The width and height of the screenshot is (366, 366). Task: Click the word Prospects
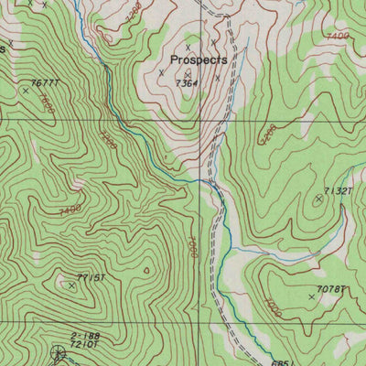click(198, 59)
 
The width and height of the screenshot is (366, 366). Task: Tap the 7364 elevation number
click(187, 83)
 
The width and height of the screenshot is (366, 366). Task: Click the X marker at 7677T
click(25, 90)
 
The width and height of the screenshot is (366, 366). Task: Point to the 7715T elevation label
click(92, 277)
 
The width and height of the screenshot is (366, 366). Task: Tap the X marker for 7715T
click(71, 285)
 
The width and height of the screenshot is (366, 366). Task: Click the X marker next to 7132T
click(318, 198)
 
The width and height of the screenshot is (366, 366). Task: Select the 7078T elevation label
click(330, 289)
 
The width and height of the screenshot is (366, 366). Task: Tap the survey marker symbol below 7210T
click(59, 353)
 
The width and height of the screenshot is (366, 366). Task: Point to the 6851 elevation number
click(281, 361)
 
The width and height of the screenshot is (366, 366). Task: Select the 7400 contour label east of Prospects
click(338, 36)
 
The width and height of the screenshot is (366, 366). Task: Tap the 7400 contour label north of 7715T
click(68, 210)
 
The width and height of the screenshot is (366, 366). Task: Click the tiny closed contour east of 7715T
click(146, 271)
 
